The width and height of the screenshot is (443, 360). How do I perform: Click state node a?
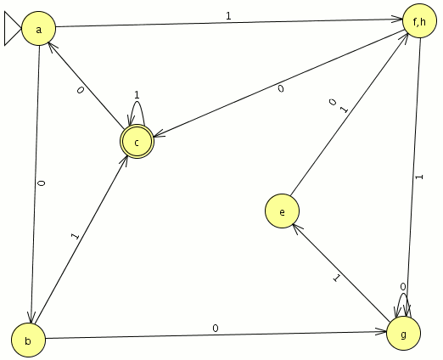pyautogui.click(x=39, y=29)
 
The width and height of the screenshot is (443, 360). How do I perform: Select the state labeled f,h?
pyautogui.click(x=419, y=20)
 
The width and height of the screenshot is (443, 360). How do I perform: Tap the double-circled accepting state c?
pyautogui.click(x=137, y=142)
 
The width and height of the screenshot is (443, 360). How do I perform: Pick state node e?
pyautogui.click(x=282, y=211)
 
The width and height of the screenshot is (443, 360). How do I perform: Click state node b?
pyautogui.click(x=28, y=340)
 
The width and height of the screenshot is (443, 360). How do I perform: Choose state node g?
pyautogui.click(x=404, y=334)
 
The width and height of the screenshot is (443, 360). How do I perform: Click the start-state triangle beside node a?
pyautogui.click(x=13, y=29)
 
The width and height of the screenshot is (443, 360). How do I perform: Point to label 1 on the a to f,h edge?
pyautogui.click(x=228, y=16)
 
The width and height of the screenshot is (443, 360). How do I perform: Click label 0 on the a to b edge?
pyautogui.click(x=42, y=183)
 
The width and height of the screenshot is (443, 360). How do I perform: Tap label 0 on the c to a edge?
pyautogui.click(x=81, y=90)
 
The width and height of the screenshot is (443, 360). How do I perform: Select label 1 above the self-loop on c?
pyautogui.click(x=137, y=95)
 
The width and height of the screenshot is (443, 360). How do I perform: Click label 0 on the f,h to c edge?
pyautogui.click(x=280, y=89)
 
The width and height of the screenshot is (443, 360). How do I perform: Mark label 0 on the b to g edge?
pyautogui.click(x=216, y=329)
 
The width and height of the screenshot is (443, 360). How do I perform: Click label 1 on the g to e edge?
pyautogui.click(x=336, y=278)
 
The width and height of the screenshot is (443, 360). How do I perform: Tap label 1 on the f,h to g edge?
pyautogui.click(x=419, y=177)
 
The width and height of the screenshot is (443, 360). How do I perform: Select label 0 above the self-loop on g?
pyautogui.click(x=403, y=287)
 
